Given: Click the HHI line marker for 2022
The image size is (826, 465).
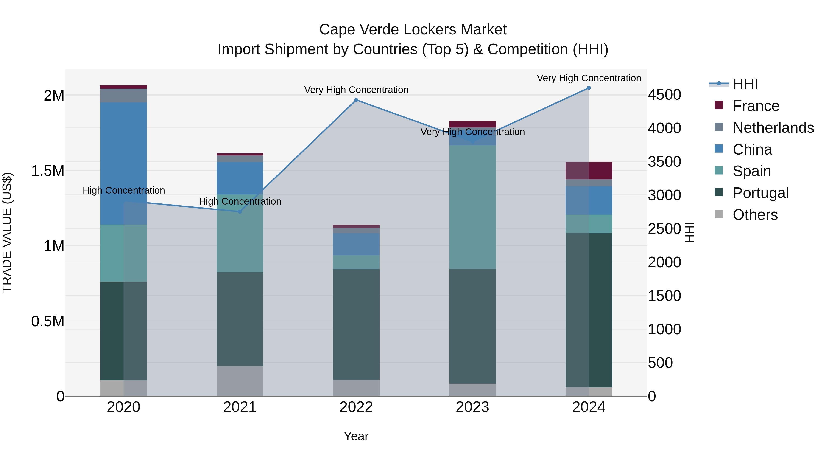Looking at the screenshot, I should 356,100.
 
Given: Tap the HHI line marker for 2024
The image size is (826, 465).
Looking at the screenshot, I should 589,88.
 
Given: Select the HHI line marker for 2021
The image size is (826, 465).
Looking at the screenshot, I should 240,212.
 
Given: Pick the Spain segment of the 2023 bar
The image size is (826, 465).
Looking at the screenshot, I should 472,207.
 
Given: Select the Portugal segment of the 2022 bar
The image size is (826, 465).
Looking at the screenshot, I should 356,324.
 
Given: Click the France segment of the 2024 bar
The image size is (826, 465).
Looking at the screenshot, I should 589,170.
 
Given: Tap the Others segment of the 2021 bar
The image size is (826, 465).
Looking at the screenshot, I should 240,381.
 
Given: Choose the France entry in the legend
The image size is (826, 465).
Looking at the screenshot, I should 756,106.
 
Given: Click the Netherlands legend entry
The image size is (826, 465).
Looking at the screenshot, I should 773,128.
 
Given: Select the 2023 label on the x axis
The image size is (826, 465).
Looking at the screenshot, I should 472,407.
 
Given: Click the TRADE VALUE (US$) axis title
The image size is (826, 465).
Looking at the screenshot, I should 7,232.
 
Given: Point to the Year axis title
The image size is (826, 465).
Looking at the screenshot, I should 356,436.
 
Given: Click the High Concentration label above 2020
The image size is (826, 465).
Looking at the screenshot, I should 123,190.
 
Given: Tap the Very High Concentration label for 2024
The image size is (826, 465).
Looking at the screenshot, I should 589,78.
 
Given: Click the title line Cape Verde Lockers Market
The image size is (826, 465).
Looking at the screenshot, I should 413,30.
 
